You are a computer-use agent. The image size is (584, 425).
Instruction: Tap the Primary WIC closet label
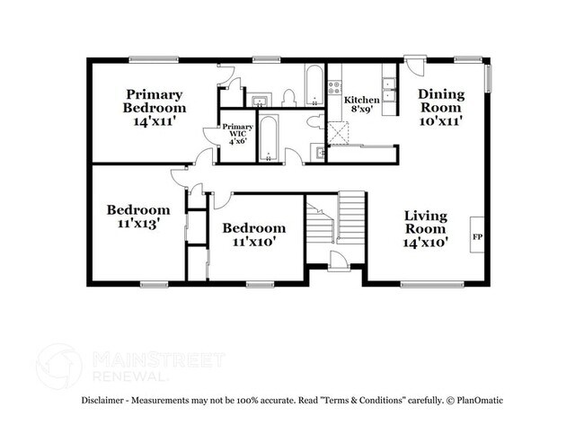[x=237, y=133]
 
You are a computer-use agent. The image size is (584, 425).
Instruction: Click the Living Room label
[x=425, y=228]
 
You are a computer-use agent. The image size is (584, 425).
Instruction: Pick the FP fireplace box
[x=477, y=236]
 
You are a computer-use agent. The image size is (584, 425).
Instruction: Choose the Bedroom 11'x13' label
[x=137, y=217]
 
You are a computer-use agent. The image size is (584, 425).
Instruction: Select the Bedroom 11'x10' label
[x=254, y=234]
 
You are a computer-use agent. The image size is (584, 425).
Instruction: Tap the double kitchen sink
[x=390, y=86]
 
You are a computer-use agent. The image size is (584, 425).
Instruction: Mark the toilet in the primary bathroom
[x=289, y=97]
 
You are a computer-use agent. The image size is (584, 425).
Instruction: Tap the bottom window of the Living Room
[x=426, y=284]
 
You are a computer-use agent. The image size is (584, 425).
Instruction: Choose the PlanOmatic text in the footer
[x=480, y=400]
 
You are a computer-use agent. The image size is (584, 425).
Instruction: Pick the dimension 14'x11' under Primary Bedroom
[x=154, y=120]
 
